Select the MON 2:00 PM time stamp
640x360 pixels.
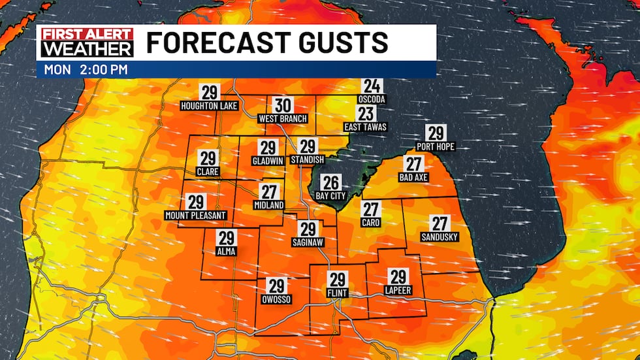[86, 69]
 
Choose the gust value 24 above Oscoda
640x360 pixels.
[372, 86]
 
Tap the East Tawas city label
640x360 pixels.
[366, 127]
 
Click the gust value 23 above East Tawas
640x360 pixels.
[366, 114]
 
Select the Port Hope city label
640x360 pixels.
[436, 146]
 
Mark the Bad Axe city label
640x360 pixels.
[414, 177]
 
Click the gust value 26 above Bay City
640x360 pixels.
[331, 182]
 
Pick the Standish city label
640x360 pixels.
[308, 160]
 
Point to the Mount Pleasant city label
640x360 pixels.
[195, 215]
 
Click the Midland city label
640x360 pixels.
[268, 205]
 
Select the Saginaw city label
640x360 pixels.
[308, 242]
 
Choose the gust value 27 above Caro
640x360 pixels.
[371, 210]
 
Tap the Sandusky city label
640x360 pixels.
[440, 237]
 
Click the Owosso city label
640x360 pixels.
[276, 299]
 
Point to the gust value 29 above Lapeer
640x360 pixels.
[398, 276]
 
